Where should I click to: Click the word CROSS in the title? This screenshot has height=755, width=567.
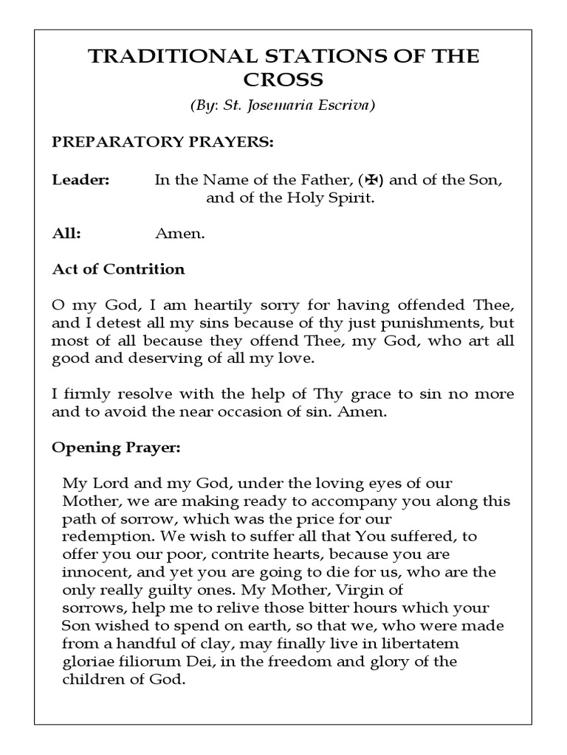point(283,80)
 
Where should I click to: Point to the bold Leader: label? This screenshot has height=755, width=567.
point(80,180)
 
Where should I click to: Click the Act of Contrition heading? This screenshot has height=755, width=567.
point(118,269)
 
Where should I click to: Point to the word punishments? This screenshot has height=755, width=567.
point(436,323)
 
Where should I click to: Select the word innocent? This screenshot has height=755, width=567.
point(92,571)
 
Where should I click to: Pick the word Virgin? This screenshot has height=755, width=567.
point(349,589)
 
